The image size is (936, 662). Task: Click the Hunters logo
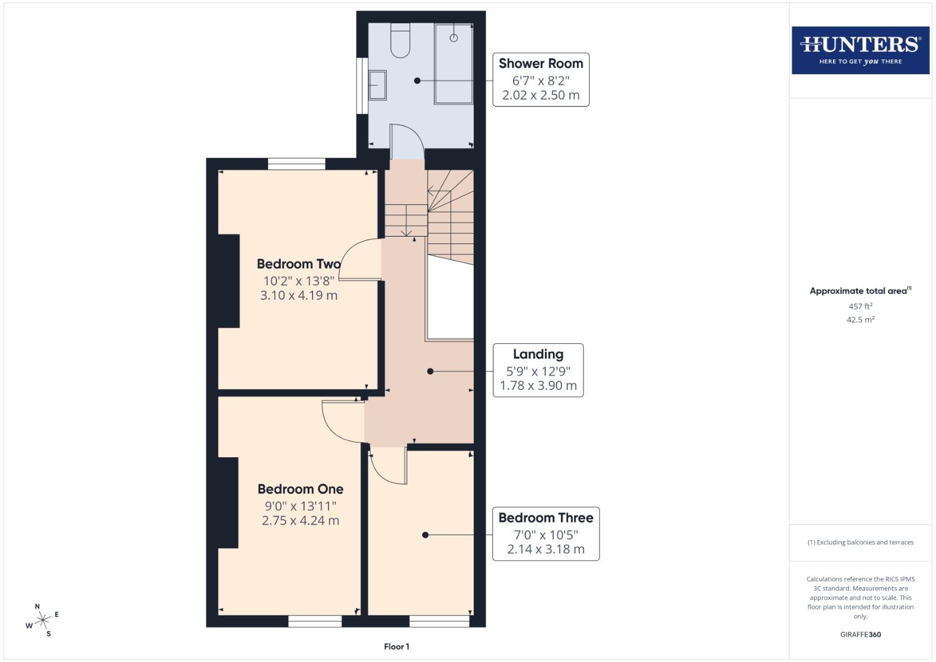[860, 50]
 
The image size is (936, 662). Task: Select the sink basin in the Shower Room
[377, 85]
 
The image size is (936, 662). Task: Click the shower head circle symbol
[454, 38]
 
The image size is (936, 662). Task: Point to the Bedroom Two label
[298, 264]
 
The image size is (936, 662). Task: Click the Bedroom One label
[300, 489]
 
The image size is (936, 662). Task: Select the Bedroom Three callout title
[546, 518]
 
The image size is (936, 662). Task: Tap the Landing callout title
[538, 354]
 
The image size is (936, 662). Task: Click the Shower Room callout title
[541, 63]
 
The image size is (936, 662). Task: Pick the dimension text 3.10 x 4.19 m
[299, 295]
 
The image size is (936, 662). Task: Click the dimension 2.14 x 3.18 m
[546, 549]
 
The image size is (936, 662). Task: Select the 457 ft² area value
[860, 306]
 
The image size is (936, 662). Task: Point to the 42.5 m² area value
[860, 319]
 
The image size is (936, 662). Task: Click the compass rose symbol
[43, 620]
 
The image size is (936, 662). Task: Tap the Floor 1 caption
[397, 647]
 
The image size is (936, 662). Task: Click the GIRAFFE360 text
[860, 634]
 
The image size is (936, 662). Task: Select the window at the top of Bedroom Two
[297, 164]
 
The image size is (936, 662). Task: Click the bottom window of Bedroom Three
[439, 621]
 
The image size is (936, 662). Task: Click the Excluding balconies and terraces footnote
[860, 542]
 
